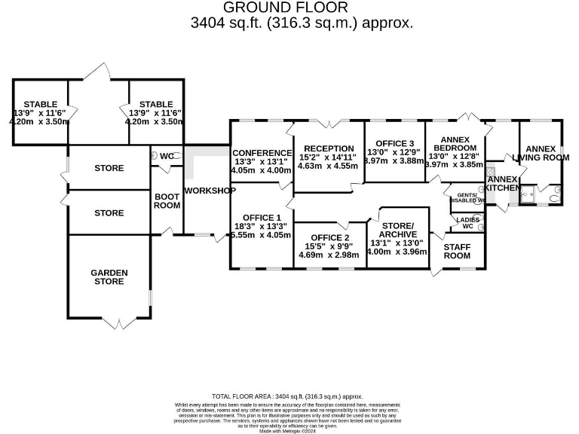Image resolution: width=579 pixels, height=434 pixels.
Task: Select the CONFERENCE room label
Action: tap(262, 153)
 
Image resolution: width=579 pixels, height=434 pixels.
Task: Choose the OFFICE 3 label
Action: tap(395, 143)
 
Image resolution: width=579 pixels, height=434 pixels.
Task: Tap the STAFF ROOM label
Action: tap(457, 251)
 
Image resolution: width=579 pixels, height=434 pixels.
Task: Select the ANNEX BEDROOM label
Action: tap(455, 143)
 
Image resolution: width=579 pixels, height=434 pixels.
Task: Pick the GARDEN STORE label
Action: tap(109, 277)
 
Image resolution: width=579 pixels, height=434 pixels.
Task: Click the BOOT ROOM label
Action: tap(167, 200)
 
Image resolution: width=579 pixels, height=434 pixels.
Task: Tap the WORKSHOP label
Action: tap(210, 191)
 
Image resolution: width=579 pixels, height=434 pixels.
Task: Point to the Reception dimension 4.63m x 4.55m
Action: tap(326, 166)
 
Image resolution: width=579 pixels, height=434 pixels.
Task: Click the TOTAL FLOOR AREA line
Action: tap(287, 396)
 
